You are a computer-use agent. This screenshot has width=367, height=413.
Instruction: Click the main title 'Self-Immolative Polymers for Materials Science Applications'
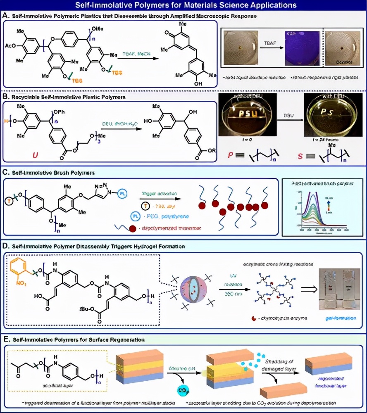tap(183, 5)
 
